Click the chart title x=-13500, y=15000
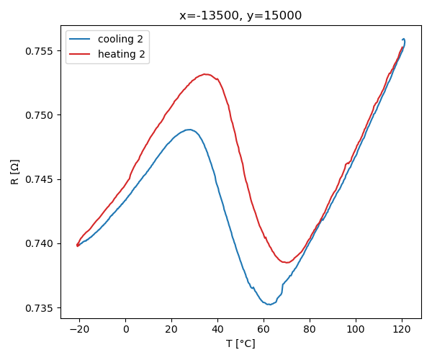pyautogui.click(x=240, y=16)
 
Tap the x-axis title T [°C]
pyautogui.click(x=240, y=343)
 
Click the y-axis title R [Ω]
pyautogui.click(x=14, y=171)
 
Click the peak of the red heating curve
pyautogui.click(x=205, y=74)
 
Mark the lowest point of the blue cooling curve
pyautogui.click(x=269, y=305)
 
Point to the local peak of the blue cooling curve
pyautogui.click(x=189, y=130)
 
